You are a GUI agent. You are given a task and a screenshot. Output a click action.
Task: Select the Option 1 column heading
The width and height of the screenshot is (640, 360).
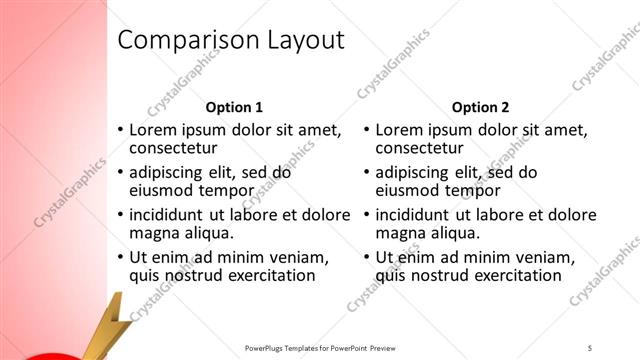click(x=234, y=107)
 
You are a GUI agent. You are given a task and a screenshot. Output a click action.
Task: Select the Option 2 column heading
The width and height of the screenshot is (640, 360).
click(x=480, y=107)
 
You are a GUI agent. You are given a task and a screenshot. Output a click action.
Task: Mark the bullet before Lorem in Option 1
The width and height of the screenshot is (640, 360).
click(x=121, y=130)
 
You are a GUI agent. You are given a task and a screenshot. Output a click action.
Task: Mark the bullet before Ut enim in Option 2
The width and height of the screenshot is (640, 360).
click(x=367, y=258)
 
